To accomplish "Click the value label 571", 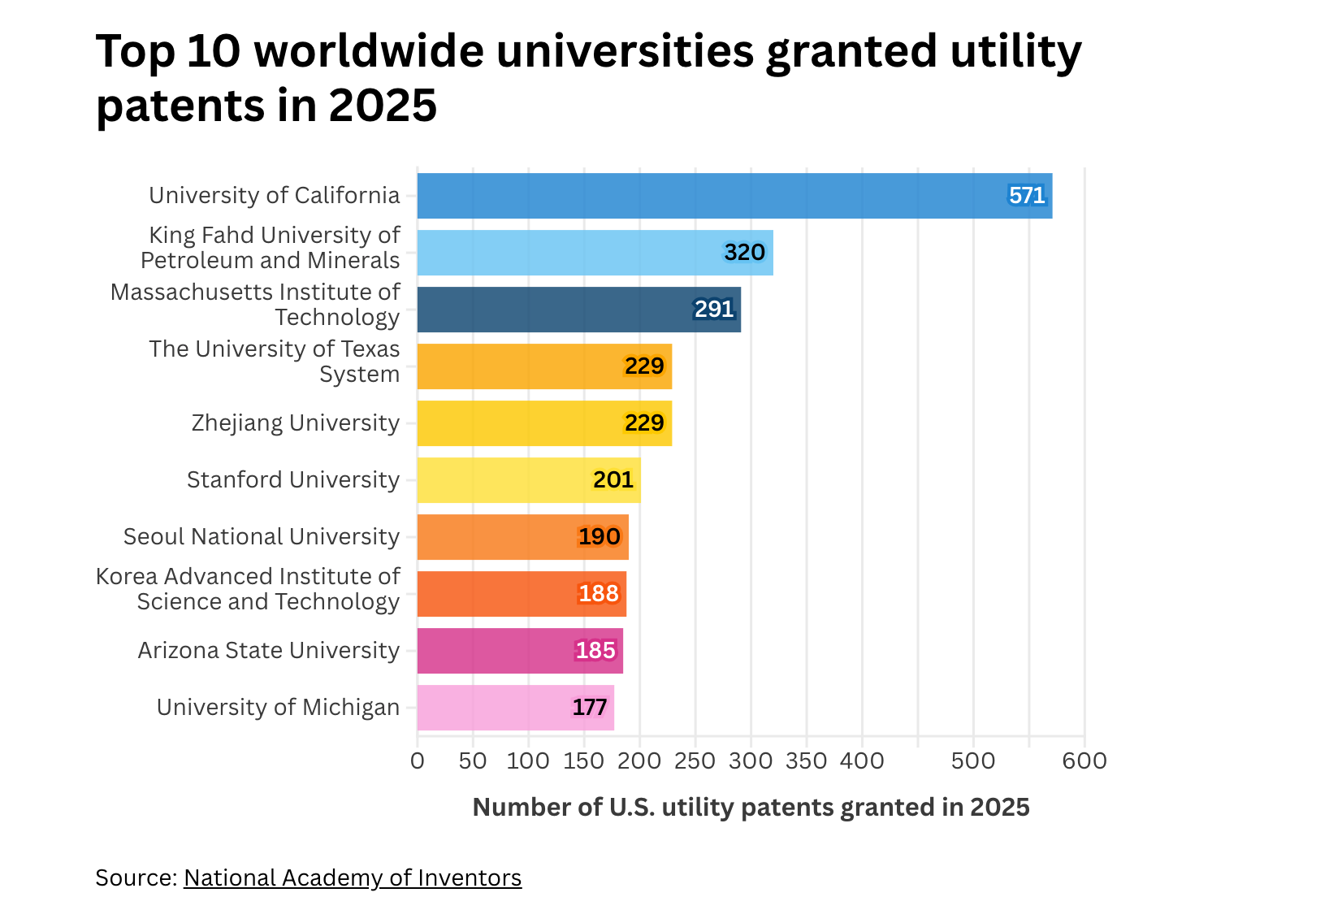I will pos(1027,196).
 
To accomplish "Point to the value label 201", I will pos(613,480).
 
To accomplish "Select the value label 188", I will pos(599,594).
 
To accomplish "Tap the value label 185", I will pos(595,651).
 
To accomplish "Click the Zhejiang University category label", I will pos(296,423).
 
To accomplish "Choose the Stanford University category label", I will pos(293,480).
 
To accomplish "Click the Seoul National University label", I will pos(262,537).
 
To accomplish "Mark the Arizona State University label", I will pos(269,651).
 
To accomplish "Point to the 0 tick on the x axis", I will pos(418,761).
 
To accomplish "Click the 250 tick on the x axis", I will pos(695,761).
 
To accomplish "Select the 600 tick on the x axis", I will pos(1084,761).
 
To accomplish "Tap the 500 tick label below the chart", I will pos(973,761).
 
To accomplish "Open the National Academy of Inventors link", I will pos(353,878).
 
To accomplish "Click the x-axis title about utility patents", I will pos(751,808).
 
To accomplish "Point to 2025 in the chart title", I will pos(383,106).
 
